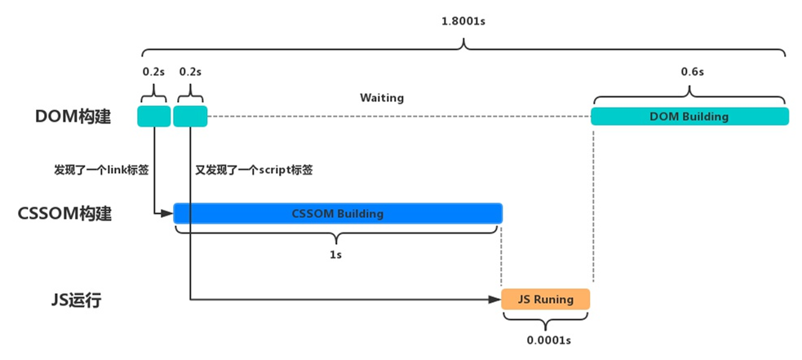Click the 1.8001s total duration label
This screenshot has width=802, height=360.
(463, 23)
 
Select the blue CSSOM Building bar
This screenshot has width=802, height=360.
(338, 214)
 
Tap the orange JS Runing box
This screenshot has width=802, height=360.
(545, 299)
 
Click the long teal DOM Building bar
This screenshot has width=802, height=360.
(689, 116)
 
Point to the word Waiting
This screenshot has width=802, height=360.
(382, 98)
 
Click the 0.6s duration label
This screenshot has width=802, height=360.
(693, 72)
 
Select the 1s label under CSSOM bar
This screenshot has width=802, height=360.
(335, 255)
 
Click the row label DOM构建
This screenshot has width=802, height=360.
(73, 117)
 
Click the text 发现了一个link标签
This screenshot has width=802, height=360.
(101, 170)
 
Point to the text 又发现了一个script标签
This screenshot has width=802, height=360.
(255, 170)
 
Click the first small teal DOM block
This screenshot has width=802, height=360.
(153, 116)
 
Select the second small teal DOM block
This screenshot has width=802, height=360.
(190, 116)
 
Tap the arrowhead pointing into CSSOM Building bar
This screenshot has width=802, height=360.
(168, 212)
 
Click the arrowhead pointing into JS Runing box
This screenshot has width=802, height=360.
(495, 300)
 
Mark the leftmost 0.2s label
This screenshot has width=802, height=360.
(153, 72)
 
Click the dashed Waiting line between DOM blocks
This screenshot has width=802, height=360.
(399, 117)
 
